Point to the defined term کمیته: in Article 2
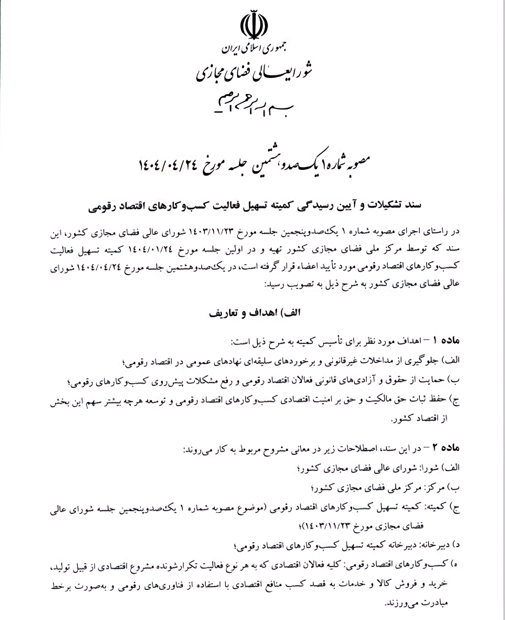click(433, 507)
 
